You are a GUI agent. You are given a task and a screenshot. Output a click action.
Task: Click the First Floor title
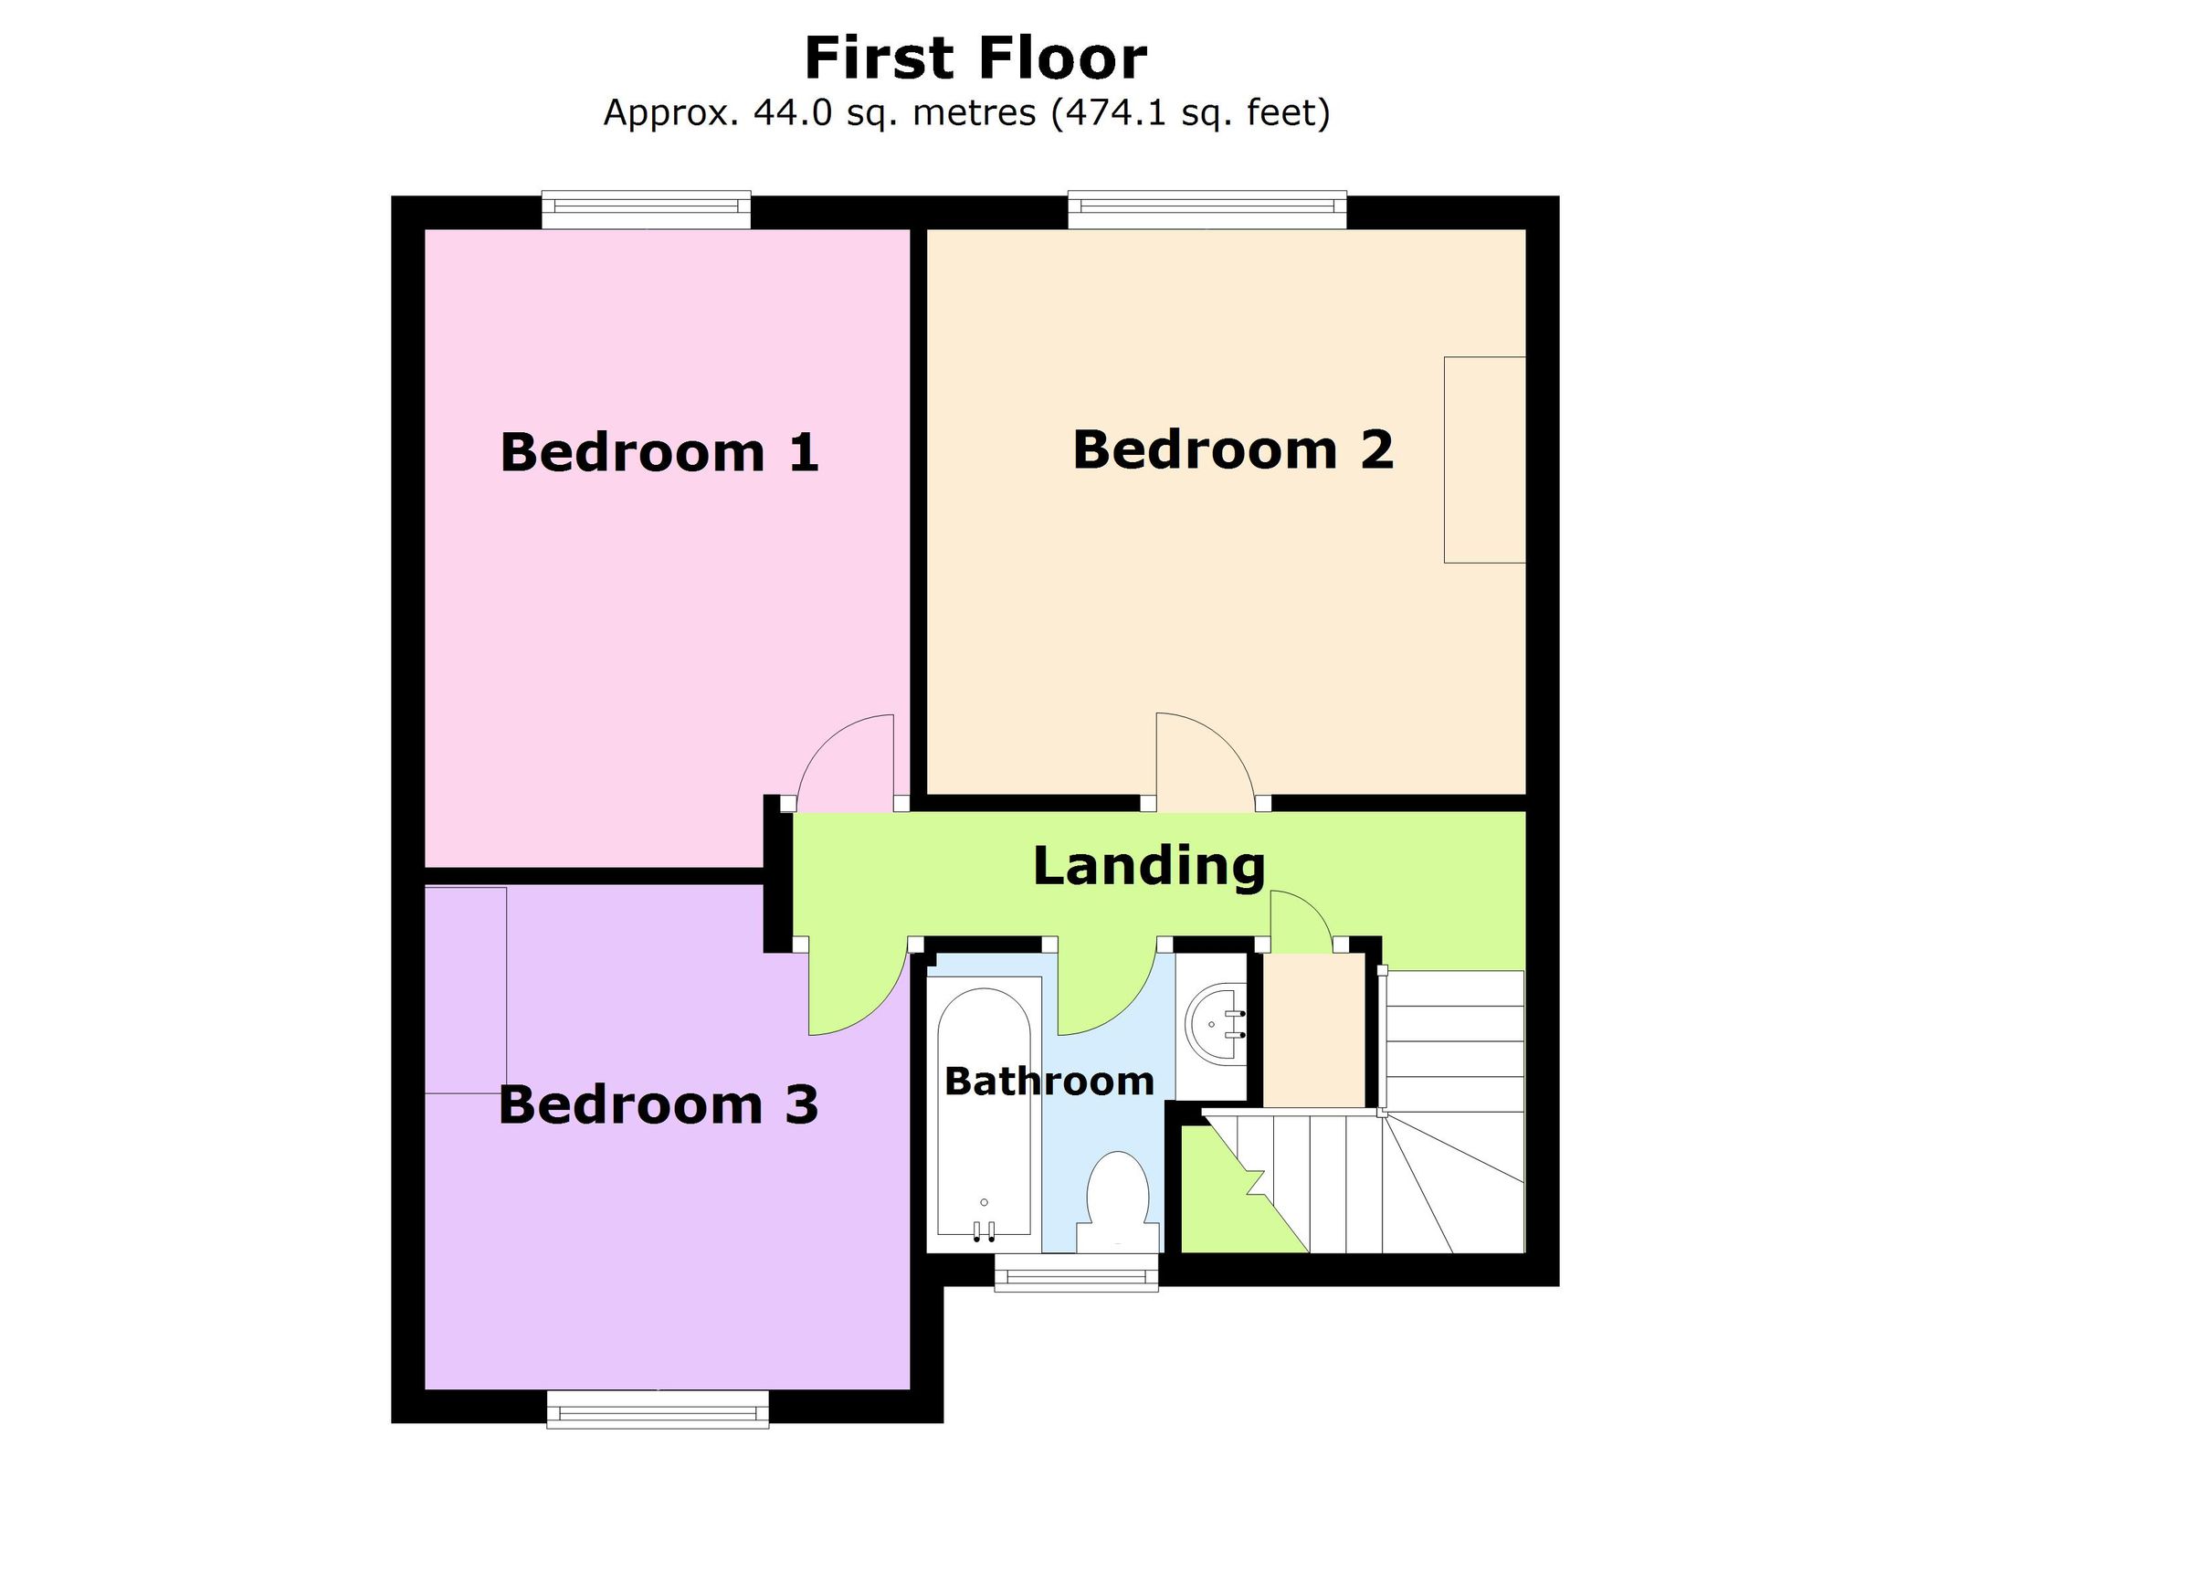click(x=975, y=58)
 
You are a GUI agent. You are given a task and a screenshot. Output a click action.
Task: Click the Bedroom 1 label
click(x=659, y=452)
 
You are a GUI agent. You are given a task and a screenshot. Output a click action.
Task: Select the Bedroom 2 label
click(x=1232, y=449)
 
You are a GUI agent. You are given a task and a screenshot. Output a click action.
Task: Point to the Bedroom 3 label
click(x=659, y=1105)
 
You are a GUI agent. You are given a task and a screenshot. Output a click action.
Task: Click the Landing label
click(x=1149, y=865)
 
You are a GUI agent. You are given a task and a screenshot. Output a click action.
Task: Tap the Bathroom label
click(x=1049, y=1082)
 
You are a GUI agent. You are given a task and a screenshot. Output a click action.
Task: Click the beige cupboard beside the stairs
click(x=1313, y=1030)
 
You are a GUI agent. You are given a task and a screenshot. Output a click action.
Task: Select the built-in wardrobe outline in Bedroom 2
click(x=1484, y=459)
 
